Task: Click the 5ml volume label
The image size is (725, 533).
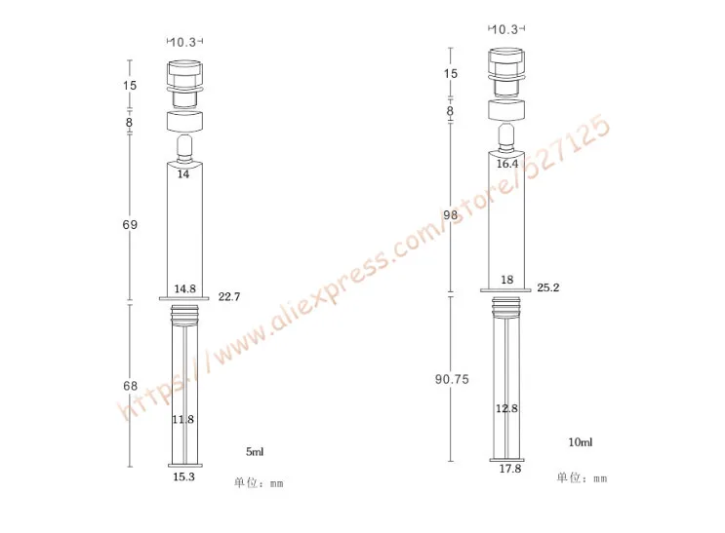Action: pos(255,451)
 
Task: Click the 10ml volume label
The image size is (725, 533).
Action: pos(581,442)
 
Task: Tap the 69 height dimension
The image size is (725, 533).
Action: pos(130,224)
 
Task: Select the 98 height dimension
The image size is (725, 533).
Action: pos(451,214)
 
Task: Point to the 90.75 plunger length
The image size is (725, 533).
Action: pos(452,379)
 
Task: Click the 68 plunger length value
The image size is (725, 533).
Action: pos(131,386)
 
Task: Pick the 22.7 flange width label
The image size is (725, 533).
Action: pos(229,296)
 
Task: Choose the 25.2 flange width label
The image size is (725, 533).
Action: pos(548,287)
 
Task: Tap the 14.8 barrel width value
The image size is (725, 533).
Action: pos(185,288)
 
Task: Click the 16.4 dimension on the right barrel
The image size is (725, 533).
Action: pos(507,164)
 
